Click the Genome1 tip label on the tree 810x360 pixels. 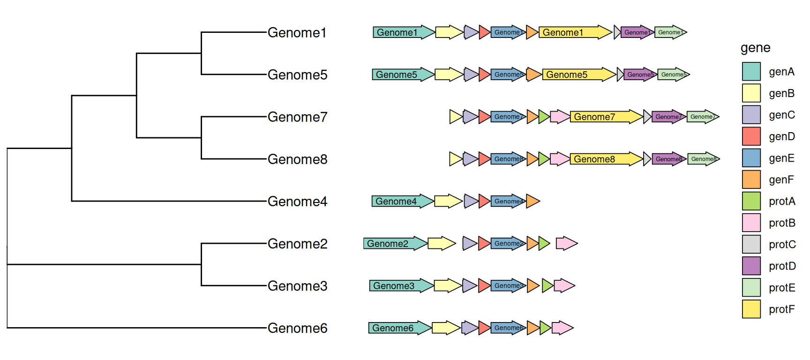[x=297, y=33]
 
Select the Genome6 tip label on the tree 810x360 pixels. [x=297, y=328]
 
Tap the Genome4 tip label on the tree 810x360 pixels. [x=297, y=202]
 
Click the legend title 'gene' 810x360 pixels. [x=755, y=48]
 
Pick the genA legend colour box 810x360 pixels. [x=751, y=72]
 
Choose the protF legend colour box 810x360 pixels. [x=751, y=309]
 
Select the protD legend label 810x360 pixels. [x=782, y=266]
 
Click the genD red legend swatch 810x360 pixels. [x=751, y=136]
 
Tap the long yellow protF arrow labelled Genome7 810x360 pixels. [x=605, y=117]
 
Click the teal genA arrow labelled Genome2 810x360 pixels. [x=394, y=243]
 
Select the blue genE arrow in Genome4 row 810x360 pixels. [x=507, y=201]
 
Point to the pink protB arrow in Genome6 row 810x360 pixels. [x=562, y=328]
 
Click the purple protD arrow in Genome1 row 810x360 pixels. [x=637, y=32]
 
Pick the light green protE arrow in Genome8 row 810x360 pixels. [x=702, y=159]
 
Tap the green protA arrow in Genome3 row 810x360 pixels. [x=547, y=285]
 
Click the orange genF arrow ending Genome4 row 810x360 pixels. [x=532, y=201]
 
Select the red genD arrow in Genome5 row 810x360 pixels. [x=484, y=75]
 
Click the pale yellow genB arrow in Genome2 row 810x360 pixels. [x=441, y=243]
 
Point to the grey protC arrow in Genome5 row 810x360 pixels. [x=620, y=75]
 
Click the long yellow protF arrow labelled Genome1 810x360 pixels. [x=574, y=32]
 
